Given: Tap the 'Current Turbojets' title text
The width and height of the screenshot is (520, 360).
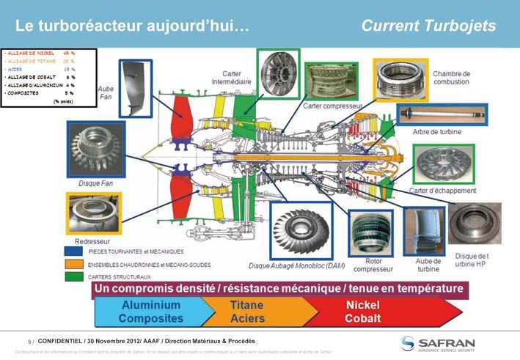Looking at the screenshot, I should (x=428, y=26).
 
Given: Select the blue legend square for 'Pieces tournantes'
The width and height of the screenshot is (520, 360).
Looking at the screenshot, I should (x=74, y=251).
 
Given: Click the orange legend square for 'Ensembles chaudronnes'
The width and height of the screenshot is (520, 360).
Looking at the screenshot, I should (x=74, y=264).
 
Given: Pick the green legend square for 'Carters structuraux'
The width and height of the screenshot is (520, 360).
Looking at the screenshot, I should (x=74, y=276).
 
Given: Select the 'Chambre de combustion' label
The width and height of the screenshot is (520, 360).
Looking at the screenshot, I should (x=451, y=78).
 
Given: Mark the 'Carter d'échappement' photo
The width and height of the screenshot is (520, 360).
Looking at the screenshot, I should (x=442, y=164).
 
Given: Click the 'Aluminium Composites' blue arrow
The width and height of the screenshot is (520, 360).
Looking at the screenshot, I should (x=150, y=312).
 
